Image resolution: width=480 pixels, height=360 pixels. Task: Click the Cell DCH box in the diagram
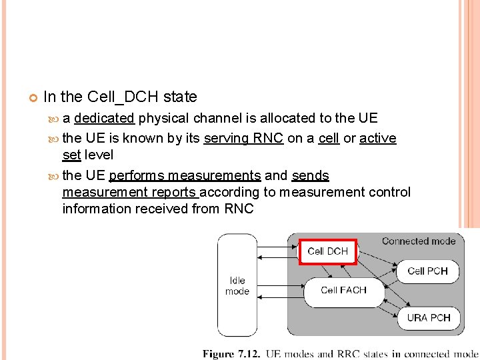[x=327, y=251]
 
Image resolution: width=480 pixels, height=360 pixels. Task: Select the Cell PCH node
[x=427, y=271]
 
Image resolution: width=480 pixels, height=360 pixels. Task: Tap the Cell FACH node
[x=343, y=290]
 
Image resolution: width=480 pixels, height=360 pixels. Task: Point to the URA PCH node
[x=429, y=317]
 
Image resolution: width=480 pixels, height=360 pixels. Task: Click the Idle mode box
[x=237, y=285]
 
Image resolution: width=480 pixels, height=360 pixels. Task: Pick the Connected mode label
[x=419, y=241]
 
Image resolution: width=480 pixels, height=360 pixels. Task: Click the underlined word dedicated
[x=105, y=118]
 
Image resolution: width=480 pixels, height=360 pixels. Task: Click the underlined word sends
[x=311, y=175]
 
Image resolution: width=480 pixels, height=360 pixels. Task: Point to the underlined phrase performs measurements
[x=185, y=175]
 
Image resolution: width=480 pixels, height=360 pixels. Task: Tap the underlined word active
[x=378, y=138]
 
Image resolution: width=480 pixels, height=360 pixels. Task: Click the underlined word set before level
[x=71, y=155]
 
